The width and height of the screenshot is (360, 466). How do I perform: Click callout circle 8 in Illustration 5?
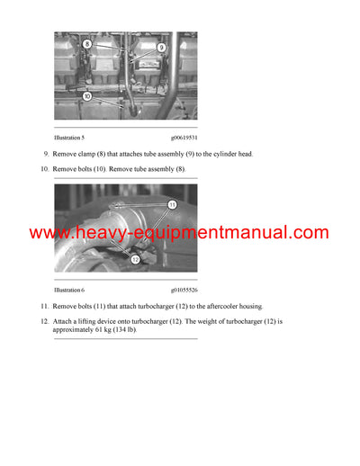coord(86,43)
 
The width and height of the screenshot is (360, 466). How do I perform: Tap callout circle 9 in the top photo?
coord(162,47)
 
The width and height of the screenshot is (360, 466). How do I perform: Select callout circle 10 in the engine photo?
coord(86,95)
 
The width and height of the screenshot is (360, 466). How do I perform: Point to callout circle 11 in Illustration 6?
coord(172,205)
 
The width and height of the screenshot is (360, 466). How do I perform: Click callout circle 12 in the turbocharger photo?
coord(135,259)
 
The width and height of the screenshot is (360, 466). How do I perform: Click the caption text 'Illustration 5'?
coord(69,138)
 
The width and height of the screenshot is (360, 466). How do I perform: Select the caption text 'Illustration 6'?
coord(69,291)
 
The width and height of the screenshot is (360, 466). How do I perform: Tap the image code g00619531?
coord(184,138)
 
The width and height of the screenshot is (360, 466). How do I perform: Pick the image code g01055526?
coord(184,291)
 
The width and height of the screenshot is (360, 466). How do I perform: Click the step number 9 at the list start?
coord(46,154)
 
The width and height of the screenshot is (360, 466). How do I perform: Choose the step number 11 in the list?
coord(45,307)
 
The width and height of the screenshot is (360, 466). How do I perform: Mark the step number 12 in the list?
coord(45,321)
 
